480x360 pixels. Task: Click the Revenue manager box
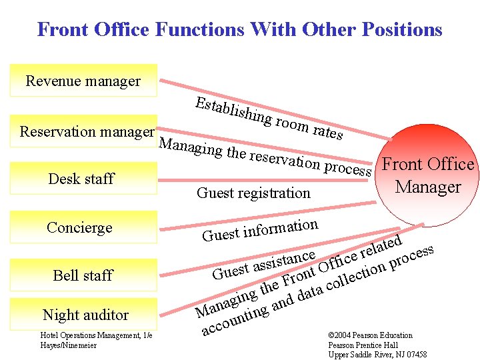83,81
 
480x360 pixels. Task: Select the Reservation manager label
87,131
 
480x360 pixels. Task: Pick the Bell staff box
83,275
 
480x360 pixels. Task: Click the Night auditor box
85,314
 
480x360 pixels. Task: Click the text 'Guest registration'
253,193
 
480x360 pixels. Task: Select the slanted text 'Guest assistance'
263,265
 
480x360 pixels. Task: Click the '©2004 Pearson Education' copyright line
370,335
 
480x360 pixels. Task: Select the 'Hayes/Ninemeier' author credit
69,345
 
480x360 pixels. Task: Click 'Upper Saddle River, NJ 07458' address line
377,355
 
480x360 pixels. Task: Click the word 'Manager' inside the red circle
428,187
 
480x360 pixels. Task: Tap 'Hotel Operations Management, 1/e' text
97,335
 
